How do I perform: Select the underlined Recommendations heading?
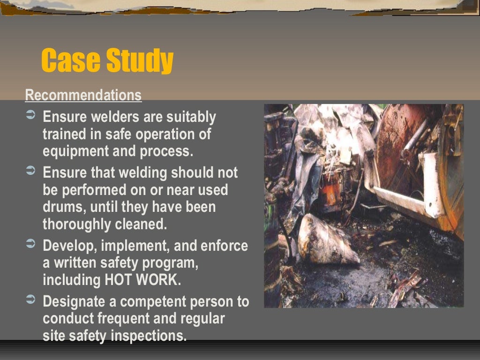83,95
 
